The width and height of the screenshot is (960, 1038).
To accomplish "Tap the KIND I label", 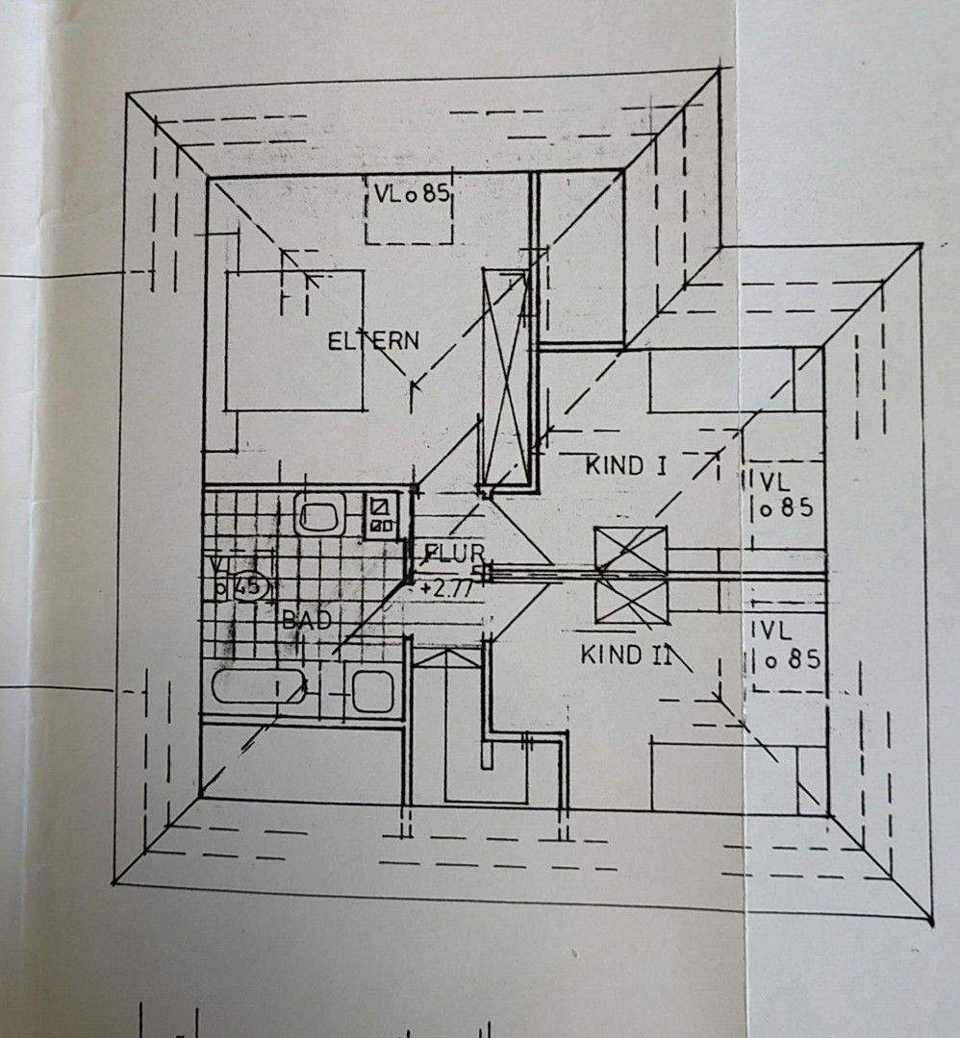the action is point(627,466).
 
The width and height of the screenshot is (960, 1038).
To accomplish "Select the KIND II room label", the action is point(624,655).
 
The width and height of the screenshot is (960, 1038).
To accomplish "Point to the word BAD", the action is point(306,621).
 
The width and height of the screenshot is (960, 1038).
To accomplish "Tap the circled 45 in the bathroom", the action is point(248,587).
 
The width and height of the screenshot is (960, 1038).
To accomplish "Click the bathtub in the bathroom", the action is point(260,687).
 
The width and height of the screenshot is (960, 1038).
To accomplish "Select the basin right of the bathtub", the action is point(372,690).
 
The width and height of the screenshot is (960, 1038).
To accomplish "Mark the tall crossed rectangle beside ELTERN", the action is point(506,379).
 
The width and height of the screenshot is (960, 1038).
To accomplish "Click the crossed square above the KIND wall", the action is point(630,552).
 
